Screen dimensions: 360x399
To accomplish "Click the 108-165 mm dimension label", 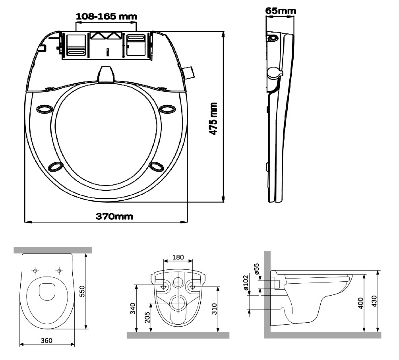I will point(106,16).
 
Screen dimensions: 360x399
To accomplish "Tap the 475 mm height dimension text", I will point(213,118).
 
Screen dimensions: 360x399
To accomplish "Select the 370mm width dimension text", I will point(114,217).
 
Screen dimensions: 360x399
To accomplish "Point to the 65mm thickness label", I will point(281,10).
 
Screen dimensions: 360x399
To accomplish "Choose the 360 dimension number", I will point(46,341).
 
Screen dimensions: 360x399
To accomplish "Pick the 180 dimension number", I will point(178,257).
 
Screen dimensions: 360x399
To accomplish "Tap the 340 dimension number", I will point(133,308).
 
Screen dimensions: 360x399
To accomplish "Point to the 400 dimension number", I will point(361,304).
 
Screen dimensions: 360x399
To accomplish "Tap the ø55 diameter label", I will point(257,269).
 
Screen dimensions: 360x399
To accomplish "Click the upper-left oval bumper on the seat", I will point(44,109).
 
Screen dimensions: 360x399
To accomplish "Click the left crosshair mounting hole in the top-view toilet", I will point(35,271).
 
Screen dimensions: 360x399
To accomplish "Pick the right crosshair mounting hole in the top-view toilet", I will point(59,271).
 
